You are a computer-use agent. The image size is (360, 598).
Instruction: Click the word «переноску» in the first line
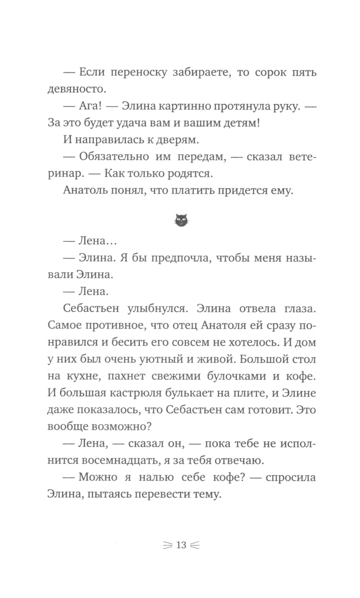tap(138, 72)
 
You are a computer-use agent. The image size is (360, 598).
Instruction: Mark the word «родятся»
tap(189, 174)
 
